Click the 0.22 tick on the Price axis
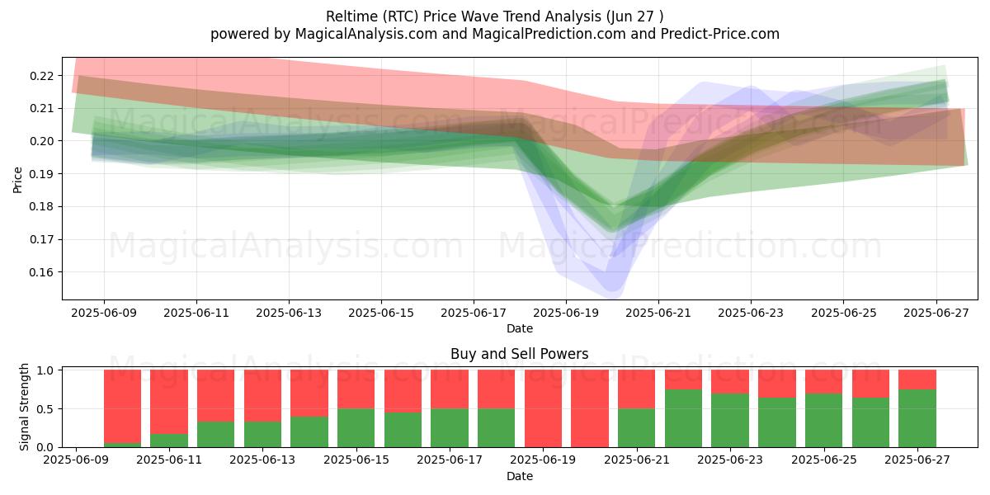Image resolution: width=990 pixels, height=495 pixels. click(41, 76)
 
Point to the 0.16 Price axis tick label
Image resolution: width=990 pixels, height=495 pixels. click(41, 272)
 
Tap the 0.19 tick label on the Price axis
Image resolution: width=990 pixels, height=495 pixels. click(41, 174)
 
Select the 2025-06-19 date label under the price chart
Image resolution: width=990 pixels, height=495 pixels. click(566, 313)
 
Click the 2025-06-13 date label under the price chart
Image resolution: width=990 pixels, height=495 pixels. click(289, 313)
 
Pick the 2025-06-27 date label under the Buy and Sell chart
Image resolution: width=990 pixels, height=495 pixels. click(917, 460)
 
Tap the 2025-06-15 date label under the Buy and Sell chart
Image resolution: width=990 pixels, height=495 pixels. click(356, 460)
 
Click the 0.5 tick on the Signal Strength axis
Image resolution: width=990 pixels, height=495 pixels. click(45, 409)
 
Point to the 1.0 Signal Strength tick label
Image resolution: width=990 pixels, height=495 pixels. click(45, 370)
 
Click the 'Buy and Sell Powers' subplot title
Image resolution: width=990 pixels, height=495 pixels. click(519, 354)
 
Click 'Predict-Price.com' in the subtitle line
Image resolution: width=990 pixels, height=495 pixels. click(720, 34)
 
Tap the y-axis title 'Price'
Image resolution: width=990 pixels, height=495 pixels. click(17, 181)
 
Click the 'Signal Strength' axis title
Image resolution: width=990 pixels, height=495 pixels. click(24, 407)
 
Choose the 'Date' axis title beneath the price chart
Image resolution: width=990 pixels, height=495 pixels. click(519, 329)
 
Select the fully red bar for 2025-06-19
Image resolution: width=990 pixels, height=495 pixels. click(543, 409)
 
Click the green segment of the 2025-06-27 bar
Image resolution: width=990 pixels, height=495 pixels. click(917, 418)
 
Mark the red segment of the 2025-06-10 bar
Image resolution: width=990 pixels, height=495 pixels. click(122, 407)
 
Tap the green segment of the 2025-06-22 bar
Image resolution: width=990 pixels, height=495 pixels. click(683, 418)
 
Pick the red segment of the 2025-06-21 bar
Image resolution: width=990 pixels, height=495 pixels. click(636, 389)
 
